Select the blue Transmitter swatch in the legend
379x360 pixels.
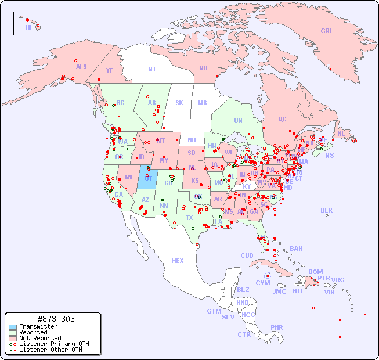click(12, 327)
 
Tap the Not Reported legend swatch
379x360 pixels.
click(12, 338)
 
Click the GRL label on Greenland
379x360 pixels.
click(327, 31)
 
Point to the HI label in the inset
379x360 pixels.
click(28, 27)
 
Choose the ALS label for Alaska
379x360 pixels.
click(81, 67)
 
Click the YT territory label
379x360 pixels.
click(109, 70)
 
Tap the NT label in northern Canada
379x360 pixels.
click(151, 69)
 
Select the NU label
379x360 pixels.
click(203, 68)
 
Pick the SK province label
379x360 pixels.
click(179, 103)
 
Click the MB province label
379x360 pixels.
click(203, 103)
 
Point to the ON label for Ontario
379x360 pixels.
click(238, 121)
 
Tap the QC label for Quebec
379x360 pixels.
click(282, 120)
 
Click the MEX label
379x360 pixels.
click(178, 261)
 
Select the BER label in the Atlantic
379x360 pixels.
click(326, 210)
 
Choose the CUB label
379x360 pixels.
click(247, 255)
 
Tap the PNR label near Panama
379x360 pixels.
click(277, 327)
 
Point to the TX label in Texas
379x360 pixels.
click(189, 218)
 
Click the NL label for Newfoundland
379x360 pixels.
click(341, 134)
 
